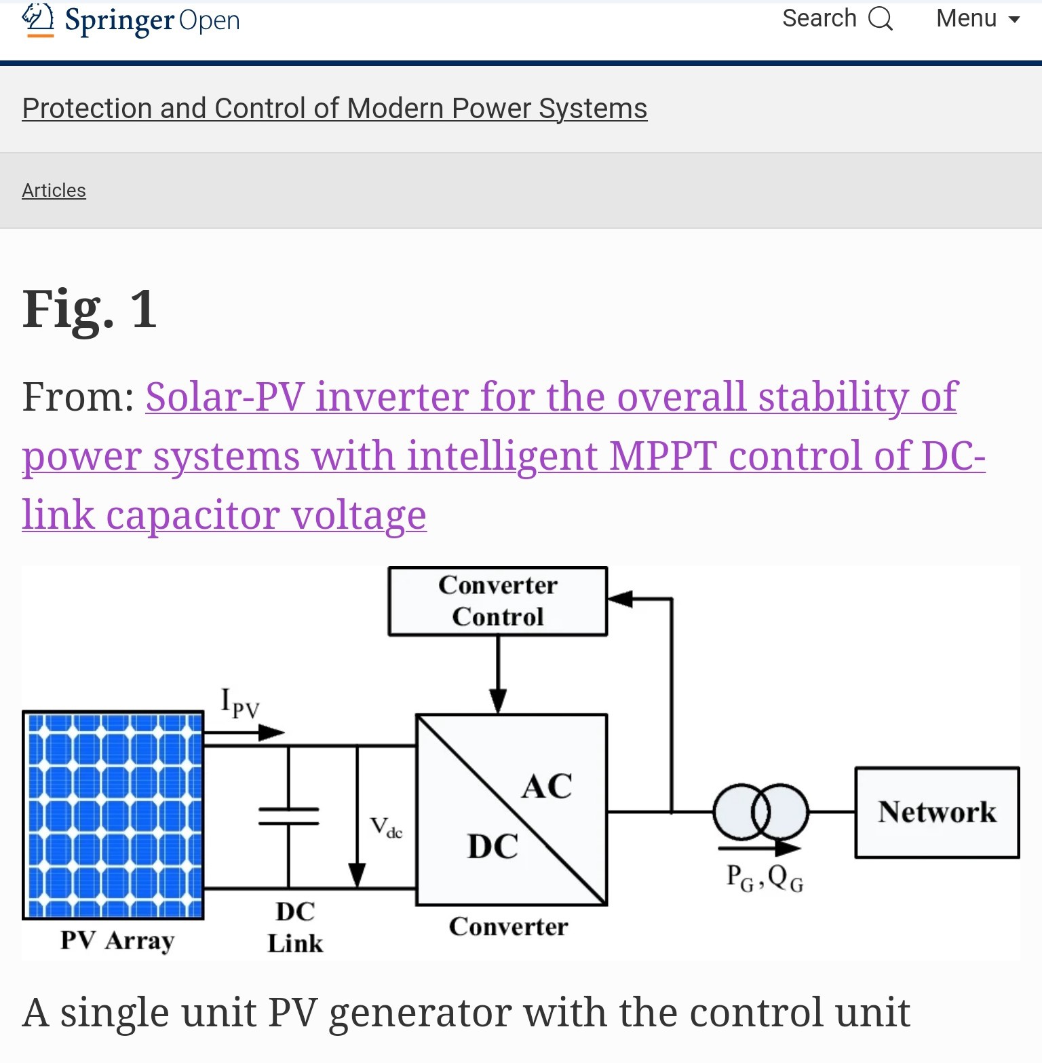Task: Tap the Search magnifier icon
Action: point(881,18)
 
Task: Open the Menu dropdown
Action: point(978,18)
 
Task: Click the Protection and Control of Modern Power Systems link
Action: point(334,109)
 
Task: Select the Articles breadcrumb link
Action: point(54,191)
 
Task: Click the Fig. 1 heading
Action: point(90,309)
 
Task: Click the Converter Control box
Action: point(497,601)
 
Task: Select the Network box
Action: point(937,813)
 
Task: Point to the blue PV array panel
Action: point(113,815)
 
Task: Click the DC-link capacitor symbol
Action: point(289,817)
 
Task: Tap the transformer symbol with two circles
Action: point(760,811)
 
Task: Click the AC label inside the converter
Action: point(547,787)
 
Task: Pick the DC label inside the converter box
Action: point(493,847)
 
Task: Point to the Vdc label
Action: point(386,827)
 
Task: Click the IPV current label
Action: point(240,703)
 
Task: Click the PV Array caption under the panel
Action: point(117,941)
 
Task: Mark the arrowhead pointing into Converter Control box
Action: point(619,599)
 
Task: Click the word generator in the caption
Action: point(421,1013)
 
